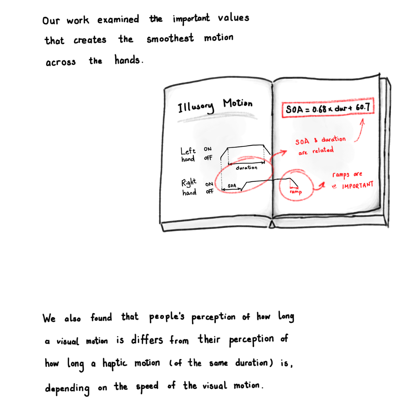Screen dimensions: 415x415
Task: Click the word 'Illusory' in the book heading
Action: [196, 107]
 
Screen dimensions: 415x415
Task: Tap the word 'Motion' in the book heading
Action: [238, 103]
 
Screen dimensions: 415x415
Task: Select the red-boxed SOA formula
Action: [328, 108]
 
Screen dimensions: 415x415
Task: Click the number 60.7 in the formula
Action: [363, 107]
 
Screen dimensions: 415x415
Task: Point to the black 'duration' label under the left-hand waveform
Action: [246, 168]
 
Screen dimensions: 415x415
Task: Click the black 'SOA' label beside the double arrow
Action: [232, 185]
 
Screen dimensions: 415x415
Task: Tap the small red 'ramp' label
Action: [296, 192]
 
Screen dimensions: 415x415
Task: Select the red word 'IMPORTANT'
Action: [358, 185]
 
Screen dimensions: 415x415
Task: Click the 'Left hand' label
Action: [188, 155]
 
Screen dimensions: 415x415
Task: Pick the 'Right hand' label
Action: [189, 187]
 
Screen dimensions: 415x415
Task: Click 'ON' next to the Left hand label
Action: [207, 149]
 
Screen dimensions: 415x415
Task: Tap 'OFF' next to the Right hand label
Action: [209, 191]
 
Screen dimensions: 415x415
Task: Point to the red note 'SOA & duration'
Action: [320, 140]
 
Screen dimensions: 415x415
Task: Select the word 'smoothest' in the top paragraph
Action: [170, 38]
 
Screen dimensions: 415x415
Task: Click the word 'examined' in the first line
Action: [118, 19]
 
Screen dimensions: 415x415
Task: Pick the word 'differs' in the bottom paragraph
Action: [147, 340]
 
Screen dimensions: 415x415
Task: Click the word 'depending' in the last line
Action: [67, 388]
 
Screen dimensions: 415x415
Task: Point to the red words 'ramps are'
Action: [347, 174]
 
